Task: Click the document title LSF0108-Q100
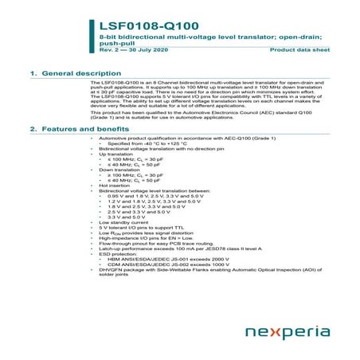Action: [143, 26]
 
